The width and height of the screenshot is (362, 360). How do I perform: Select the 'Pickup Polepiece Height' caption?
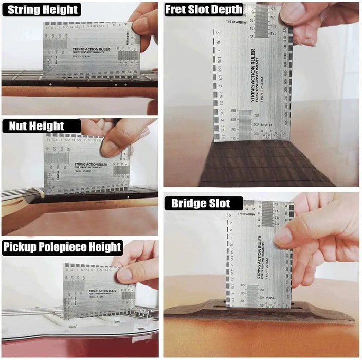[x=62, y=247]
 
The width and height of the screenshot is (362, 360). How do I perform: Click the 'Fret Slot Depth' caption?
[x=204, y=9]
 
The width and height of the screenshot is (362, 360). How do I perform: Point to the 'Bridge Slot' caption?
[x=197, y=203]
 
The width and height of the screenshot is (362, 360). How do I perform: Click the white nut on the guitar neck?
[x=38, y=192]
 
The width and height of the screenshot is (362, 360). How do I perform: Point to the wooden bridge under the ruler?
[x=257, y=312]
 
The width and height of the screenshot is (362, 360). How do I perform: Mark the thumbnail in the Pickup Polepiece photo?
[x=124, y=275]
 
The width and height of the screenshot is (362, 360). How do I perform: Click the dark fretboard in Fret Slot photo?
[x=257, y=165]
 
